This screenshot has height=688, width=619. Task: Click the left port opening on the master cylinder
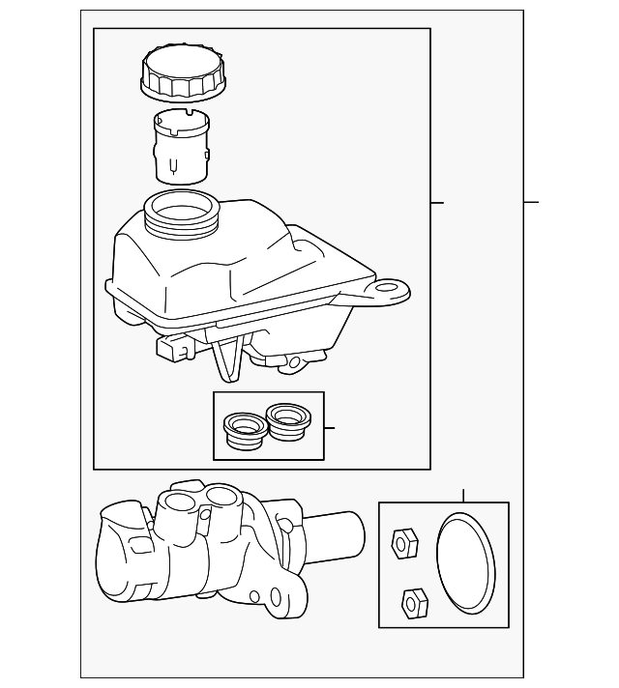click(x=180, y=502)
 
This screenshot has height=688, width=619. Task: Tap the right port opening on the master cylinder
click(x=221, y=497)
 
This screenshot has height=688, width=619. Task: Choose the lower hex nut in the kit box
click(x=414, y=603)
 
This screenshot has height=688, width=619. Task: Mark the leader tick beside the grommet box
click(x=330, y=426)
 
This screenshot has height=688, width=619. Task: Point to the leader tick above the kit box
click(x=463, y=496)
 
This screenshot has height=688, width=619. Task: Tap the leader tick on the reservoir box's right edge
click(x=437, y=202)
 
